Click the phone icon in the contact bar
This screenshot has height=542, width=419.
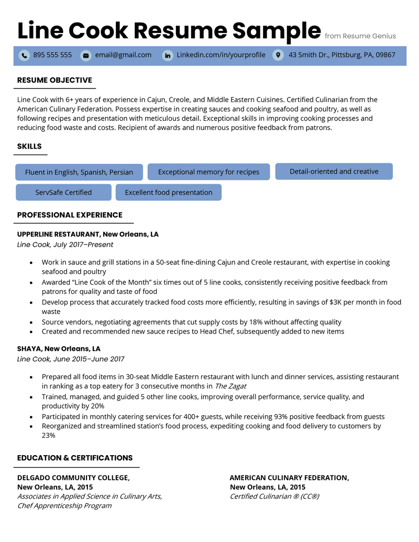[x=24, y=55]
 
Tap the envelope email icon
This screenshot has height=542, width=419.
[x=85, y=55]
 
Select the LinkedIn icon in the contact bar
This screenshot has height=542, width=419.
[x=167, y=55]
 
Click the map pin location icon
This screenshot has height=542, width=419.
[x=278, y=55]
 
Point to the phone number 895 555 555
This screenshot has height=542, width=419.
[x=52, y=55]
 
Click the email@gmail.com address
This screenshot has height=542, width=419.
[x=123, y=55]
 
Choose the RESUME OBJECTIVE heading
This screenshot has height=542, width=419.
[x=54, y=80]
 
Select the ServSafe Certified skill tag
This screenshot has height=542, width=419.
[x=63, y=192]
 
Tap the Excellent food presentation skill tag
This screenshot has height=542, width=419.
[x=169, y=192]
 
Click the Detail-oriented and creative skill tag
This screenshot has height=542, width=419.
[x=334, y=171]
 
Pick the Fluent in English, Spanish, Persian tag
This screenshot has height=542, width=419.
[x=79, y=172]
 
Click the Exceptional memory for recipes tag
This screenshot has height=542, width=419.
[x=208, y=172]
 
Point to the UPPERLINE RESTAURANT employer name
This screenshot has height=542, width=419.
[x=59, y=234]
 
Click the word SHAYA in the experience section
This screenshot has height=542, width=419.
[x=29, y=349]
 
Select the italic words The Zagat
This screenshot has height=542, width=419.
[x=230, y=386]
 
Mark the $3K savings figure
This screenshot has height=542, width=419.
[x=337, y=302]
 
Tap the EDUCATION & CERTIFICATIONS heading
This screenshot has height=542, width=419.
[x=75, y=458]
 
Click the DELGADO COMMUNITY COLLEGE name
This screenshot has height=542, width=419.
[x=73, y=478]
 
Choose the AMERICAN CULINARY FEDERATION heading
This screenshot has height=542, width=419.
[x=289, y=478]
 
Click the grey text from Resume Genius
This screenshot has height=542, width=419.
[x=360, y=36]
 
